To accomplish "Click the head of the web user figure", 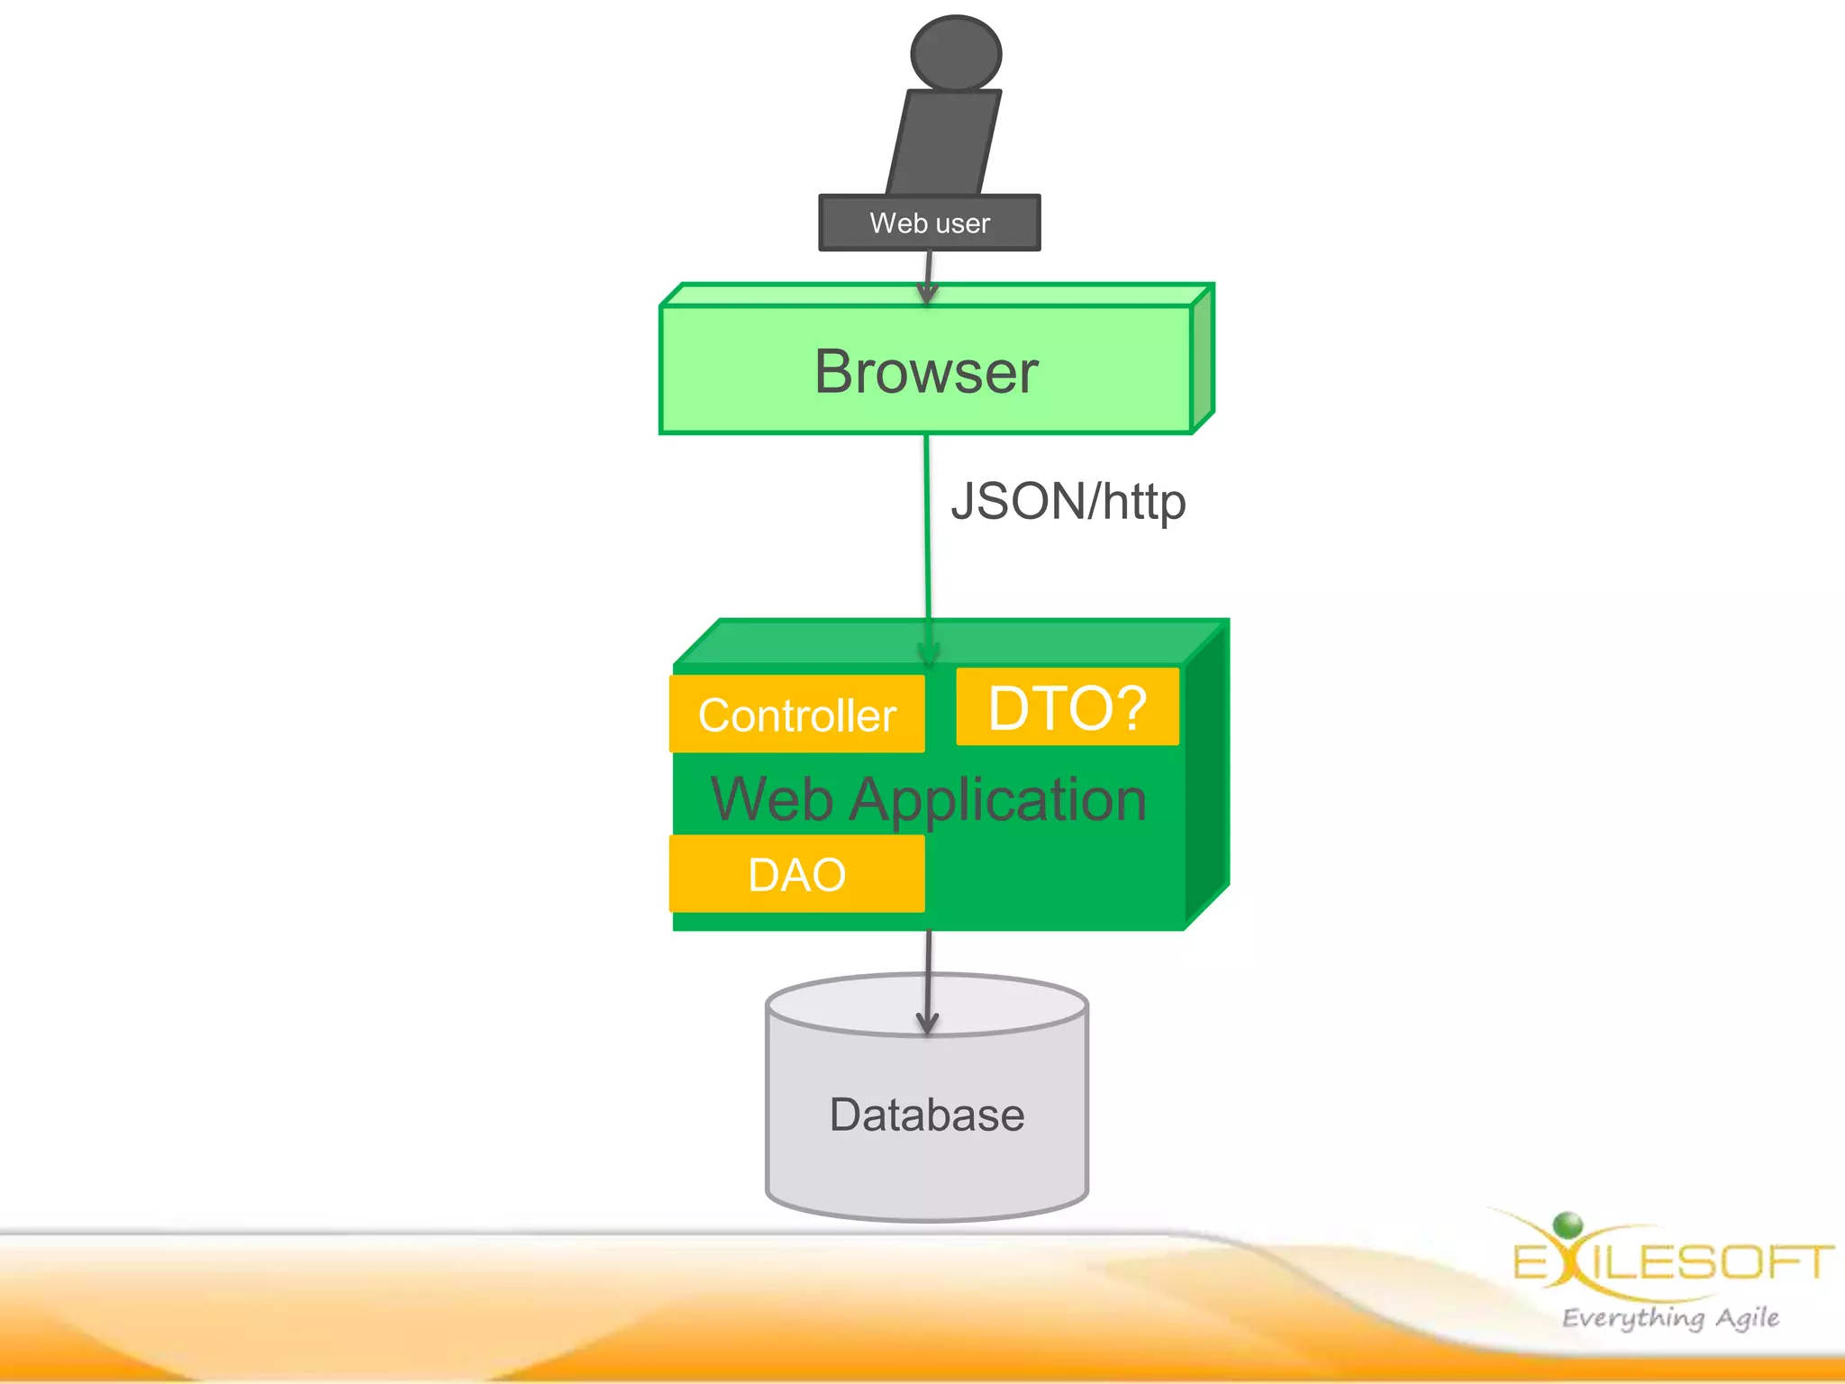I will (956, 52).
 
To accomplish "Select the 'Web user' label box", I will (929, 223).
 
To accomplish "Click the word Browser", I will (926, 371).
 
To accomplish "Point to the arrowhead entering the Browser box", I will (927, 293).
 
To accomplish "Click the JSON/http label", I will (1068, 502).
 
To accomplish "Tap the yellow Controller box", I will (797, 715).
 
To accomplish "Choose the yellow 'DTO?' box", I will (1068, 707).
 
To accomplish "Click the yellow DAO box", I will (797, 874).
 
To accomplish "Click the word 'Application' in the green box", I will (997, 800).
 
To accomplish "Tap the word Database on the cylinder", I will (927, 1115).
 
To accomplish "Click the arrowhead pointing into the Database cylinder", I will (927, 1022).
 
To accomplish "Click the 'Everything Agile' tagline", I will (1670, 1317).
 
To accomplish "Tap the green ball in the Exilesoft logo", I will (1568, 1224).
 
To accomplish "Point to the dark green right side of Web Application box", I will (1207, 775).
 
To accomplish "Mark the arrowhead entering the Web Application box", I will (929, 653).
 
